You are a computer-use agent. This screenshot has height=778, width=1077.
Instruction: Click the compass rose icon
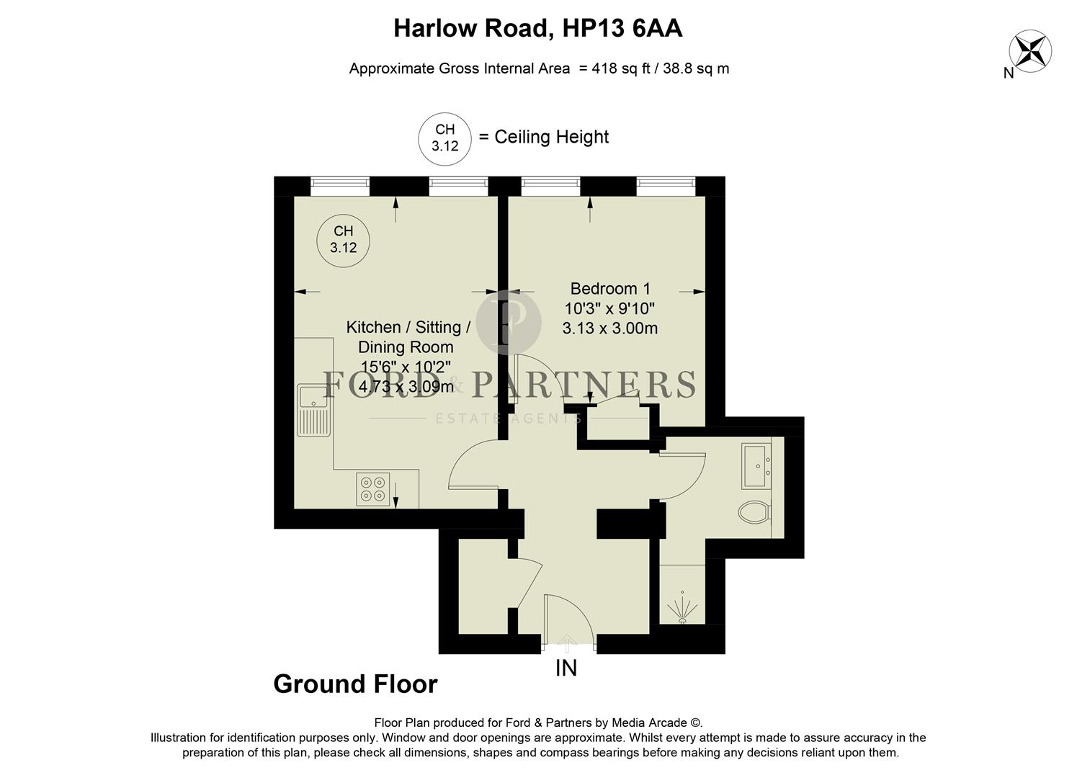click(x=1029, y=50)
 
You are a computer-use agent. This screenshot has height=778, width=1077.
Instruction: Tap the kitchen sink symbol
click(x=313, y=410)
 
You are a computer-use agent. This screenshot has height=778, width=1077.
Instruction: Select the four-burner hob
click(x=373, y=489)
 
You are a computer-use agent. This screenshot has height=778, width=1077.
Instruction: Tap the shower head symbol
click(x=681, y=610)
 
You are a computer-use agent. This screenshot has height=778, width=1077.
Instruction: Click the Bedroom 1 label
click(x=609, y=289)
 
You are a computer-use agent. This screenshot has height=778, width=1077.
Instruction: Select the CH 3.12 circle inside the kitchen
click(x=343, y=240)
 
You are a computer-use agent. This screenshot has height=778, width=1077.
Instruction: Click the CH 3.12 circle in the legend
click(x=444, y=138)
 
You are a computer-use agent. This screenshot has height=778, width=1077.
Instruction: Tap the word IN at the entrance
click(x=566, y=669)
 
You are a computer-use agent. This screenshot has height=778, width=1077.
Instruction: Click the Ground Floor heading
click(x=355, y=684)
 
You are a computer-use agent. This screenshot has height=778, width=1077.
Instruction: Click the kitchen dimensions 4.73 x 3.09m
click(x=406, y=387)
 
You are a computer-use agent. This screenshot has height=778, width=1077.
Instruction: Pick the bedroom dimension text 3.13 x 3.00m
click(x=609, y=328)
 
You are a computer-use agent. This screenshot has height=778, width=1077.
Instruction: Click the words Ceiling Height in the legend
click(x=551, y=137)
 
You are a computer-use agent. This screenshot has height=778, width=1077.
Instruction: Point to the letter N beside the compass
click(x=1009, y=73)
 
